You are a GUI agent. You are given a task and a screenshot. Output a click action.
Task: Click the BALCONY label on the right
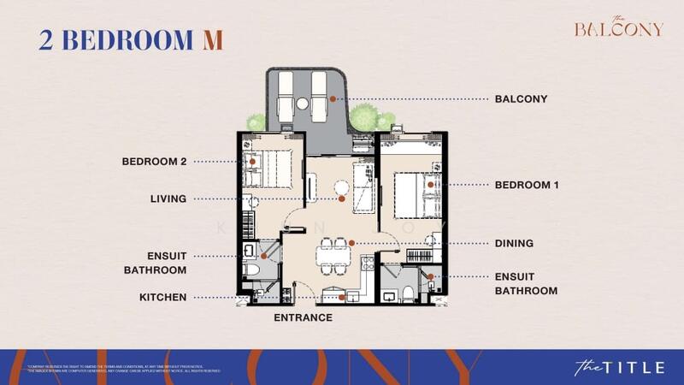tap(521, 99)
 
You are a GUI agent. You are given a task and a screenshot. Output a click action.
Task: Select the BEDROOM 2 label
tap(154, 161)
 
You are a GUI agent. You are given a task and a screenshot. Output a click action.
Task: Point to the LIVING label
tap(168, 199)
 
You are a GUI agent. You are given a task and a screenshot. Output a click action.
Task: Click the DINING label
tap(514, 244)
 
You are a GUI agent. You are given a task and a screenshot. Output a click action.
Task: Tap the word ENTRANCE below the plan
tap(303, 317)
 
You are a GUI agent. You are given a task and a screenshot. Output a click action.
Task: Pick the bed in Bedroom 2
tap(272, 165)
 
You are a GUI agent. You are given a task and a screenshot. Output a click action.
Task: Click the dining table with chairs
tap(333, 253)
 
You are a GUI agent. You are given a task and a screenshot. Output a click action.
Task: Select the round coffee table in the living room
tap(342, 189)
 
